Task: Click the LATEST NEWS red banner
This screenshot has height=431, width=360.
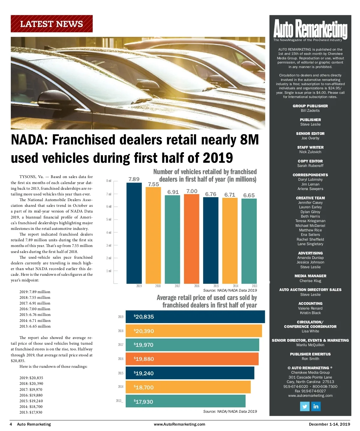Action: coord(52,24)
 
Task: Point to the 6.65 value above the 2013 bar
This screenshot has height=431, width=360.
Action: coord(249,195)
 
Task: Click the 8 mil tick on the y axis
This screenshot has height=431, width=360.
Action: coord(109,181)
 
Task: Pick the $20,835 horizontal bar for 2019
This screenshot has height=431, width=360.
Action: coord(195,317)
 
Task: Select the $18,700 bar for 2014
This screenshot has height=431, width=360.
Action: coord(188,387)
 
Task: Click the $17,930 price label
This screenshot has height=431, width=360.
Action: coord(143,402)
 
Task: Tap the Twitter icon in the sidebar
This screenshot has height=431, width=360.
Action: coord(304,406)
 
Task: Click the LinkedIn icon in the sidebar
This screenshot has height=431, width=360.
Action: coord(316,406)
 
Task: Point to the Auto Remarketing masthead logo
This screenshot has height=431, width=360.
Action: coord(310,29)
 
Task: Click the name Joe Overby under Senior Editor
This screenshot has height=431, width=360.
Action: coord(310,138)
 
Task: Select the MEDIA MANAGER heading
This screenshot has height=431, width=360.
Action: coord(310,276)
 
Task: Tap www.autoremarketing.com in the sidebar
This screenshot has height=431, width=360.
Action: coord(310,396)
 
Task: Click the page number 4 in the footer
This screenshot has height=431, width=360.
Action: coord(11,424)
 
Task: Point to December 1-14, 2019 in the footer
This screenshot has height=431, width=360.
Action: coord(329,424)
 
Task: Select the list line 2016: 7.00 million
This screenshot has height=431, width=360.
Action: coord(35,309)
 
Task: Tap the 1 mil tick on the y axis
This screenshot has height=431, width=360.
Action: coord(109,271)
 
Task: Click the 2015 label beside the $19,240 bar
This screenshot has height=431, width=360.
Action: coord(121,373)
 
